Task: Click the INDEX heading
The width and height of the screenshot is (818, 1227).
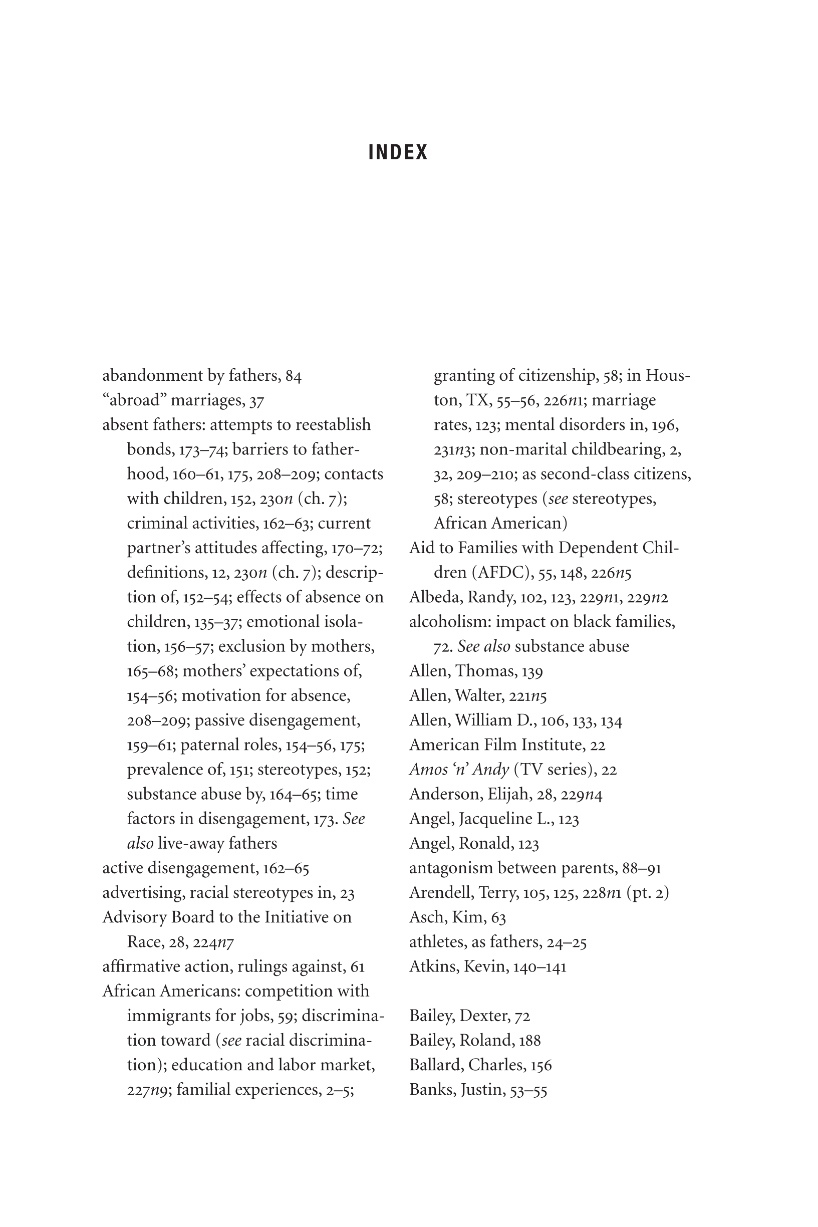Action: pyautogui.click(x=398, y=152)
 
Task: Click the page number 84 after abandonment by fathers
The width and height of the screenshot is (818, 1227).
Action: pyautogui.click(x=294, y=376)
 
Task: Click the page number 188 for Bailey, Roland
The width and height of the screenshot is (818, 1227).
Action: pyautogui.click(x=529, y=1041)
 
